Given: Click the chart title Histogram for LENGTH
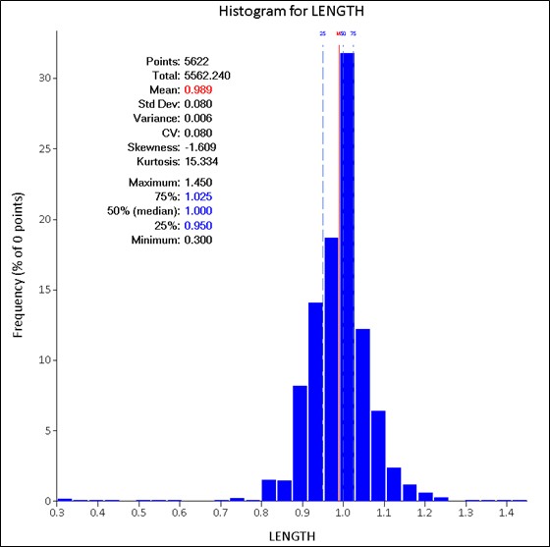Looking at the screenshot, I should tap(275, 12).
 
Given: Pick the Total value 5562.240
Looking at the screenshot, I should tap(207, 75).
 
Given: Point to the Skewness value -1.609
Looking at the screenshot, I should tap(199, 146).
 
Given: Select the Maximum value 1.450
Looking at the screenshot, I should tap(198, 183).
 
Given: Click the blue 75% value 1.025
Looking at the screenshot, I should tap(198, 196).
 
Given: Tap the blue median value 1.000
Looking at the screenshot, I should tap(198, 211).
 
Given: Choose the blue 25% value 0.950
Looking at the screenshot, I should tap(198, 225).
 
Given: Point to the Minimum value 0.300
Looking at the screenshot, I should tap(198, 239).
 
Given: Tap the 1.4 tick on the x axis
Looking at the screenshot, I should tap(504, 513).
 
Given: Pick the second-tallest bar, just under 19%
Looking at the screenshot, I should tap(331, 368).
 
